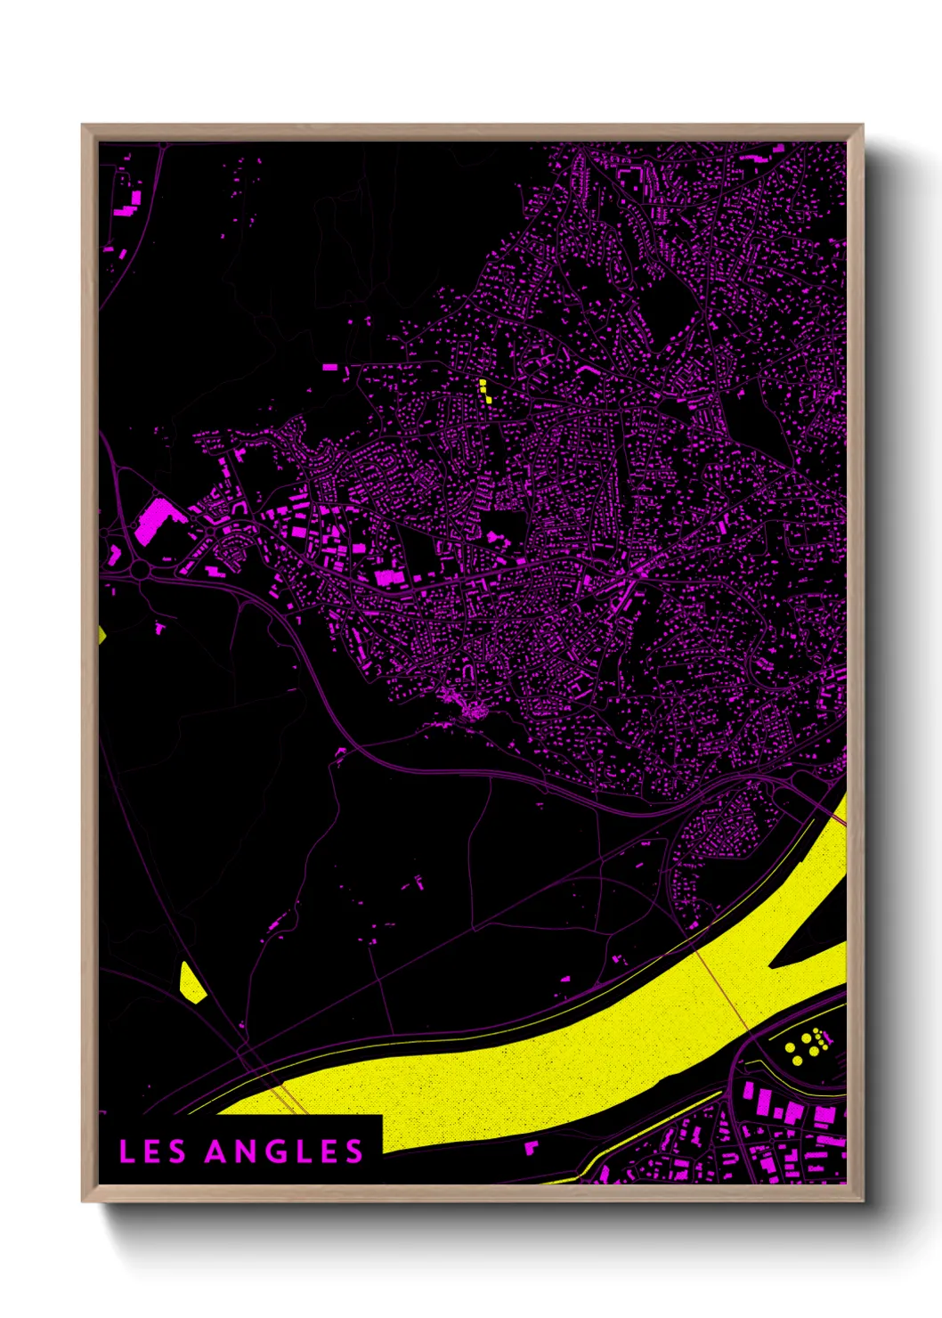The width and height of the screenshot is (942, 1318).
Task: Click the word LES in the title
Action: pos(152,1151)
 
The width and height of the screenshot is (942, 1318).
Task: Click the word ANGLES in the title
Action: pos(284,1151)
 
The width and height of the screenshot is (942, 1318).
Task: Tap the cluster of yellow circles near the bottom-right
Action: pos(807,1044)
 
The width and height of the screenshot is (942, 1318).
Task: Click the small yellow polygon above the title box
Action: pos(191,984)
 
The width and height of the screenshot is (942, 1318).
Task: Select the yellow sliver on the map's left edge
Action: pos(102,634)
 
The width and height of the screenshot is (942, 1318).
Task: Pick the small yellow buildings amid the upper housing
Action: pos(484,390)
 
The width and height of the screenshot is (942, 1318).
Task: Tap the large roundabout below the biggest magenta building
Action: pos(141,568)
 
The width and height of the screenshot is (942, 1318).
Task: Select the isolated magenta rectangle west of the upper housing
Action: pos(330,367)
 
